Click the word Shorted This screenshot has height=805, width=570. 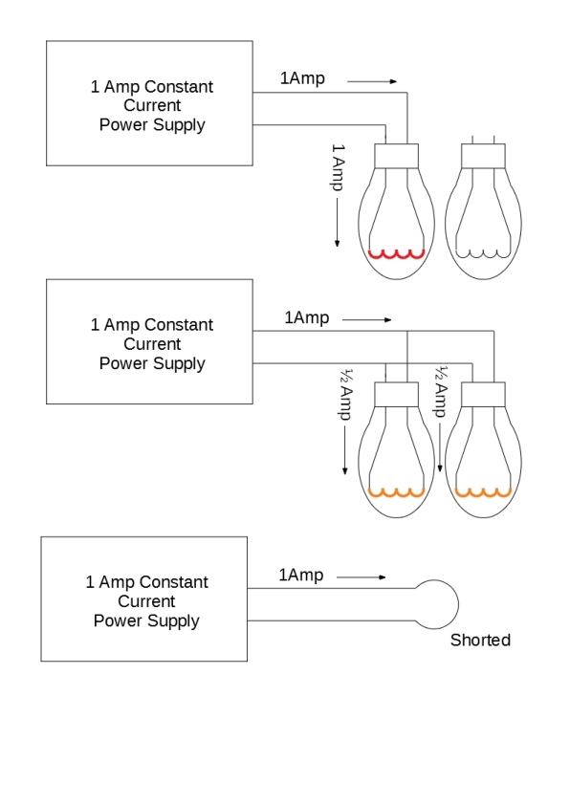pos(480,641)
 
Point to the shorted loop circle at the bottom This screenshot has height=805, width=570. pos(458,604)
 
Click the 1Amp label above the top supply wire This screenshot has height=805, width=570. pos(302,78)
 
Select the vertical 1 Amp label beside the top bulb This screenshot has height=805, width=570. pos(338,167)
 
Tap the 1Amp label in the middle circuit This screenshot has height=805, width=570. pos(307,317)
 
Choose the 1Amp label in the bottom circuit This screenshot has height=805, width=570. pos(301,575)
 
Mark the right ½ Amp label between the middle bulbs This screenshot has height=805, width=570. pos(441,391)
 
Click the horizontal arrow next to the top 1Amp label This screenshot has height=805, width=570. pos(372,81)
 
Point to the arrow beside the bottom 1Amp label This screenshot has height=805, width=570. pos(361,577)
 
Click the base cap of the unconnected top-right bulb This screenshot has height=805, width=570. pos(483,156)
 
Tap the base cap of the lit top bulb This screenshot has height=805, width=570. pos(397,156)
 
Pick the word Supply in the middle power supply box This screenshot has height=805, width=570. pos(178,364)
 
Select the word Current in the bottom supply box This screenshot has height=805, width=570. pos(147,601)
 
